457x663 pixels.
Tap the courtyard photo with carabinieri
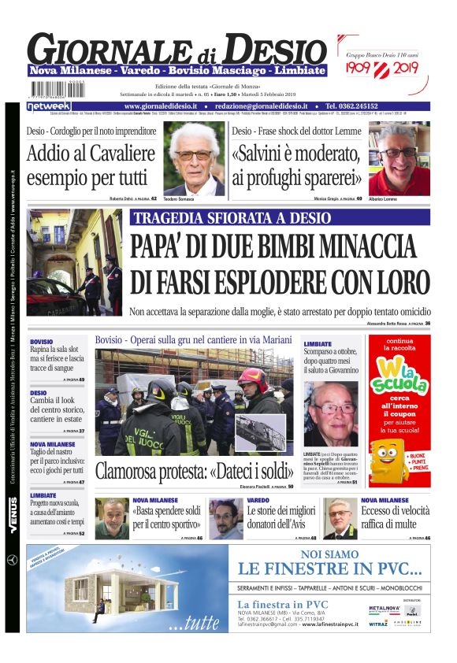point(74,262)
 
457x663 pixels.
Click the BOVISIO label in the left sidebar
point(42,342)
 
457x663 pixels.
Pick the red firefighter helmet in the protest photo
point(254,380)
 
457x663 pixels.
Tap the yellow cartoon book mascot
point(387,461)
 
